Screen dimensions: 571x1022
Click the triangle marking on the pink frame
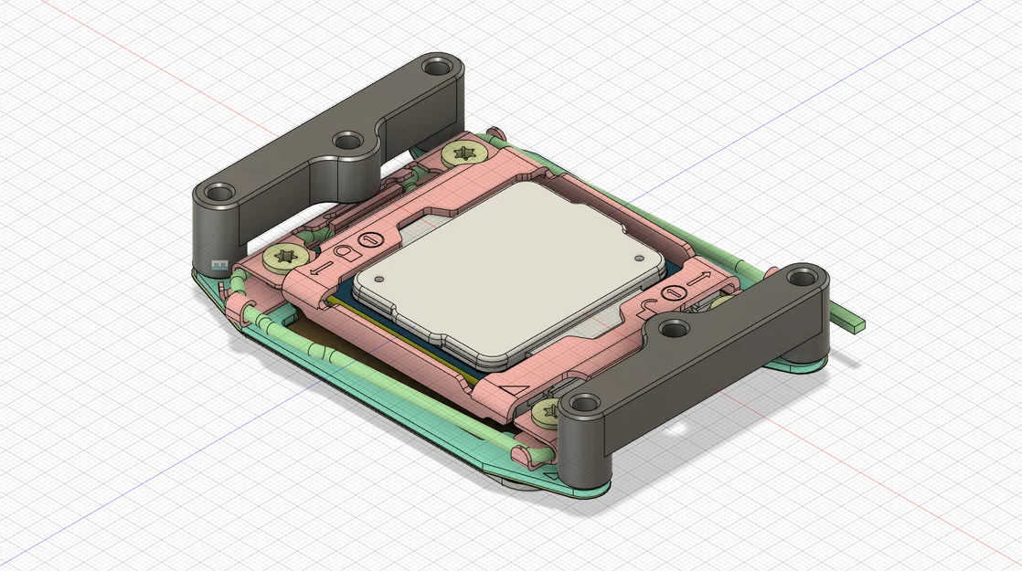515,390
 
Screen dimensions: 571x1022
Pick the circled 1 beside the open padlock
674,292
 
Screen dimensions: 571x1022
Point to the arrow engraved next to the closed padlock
314,267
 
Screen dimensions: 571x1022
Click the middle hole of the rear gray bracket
346,141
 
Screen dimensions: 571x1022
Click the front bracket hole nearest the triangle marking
582,404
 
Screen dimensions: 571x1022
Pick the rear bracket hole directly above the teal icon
218,194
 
